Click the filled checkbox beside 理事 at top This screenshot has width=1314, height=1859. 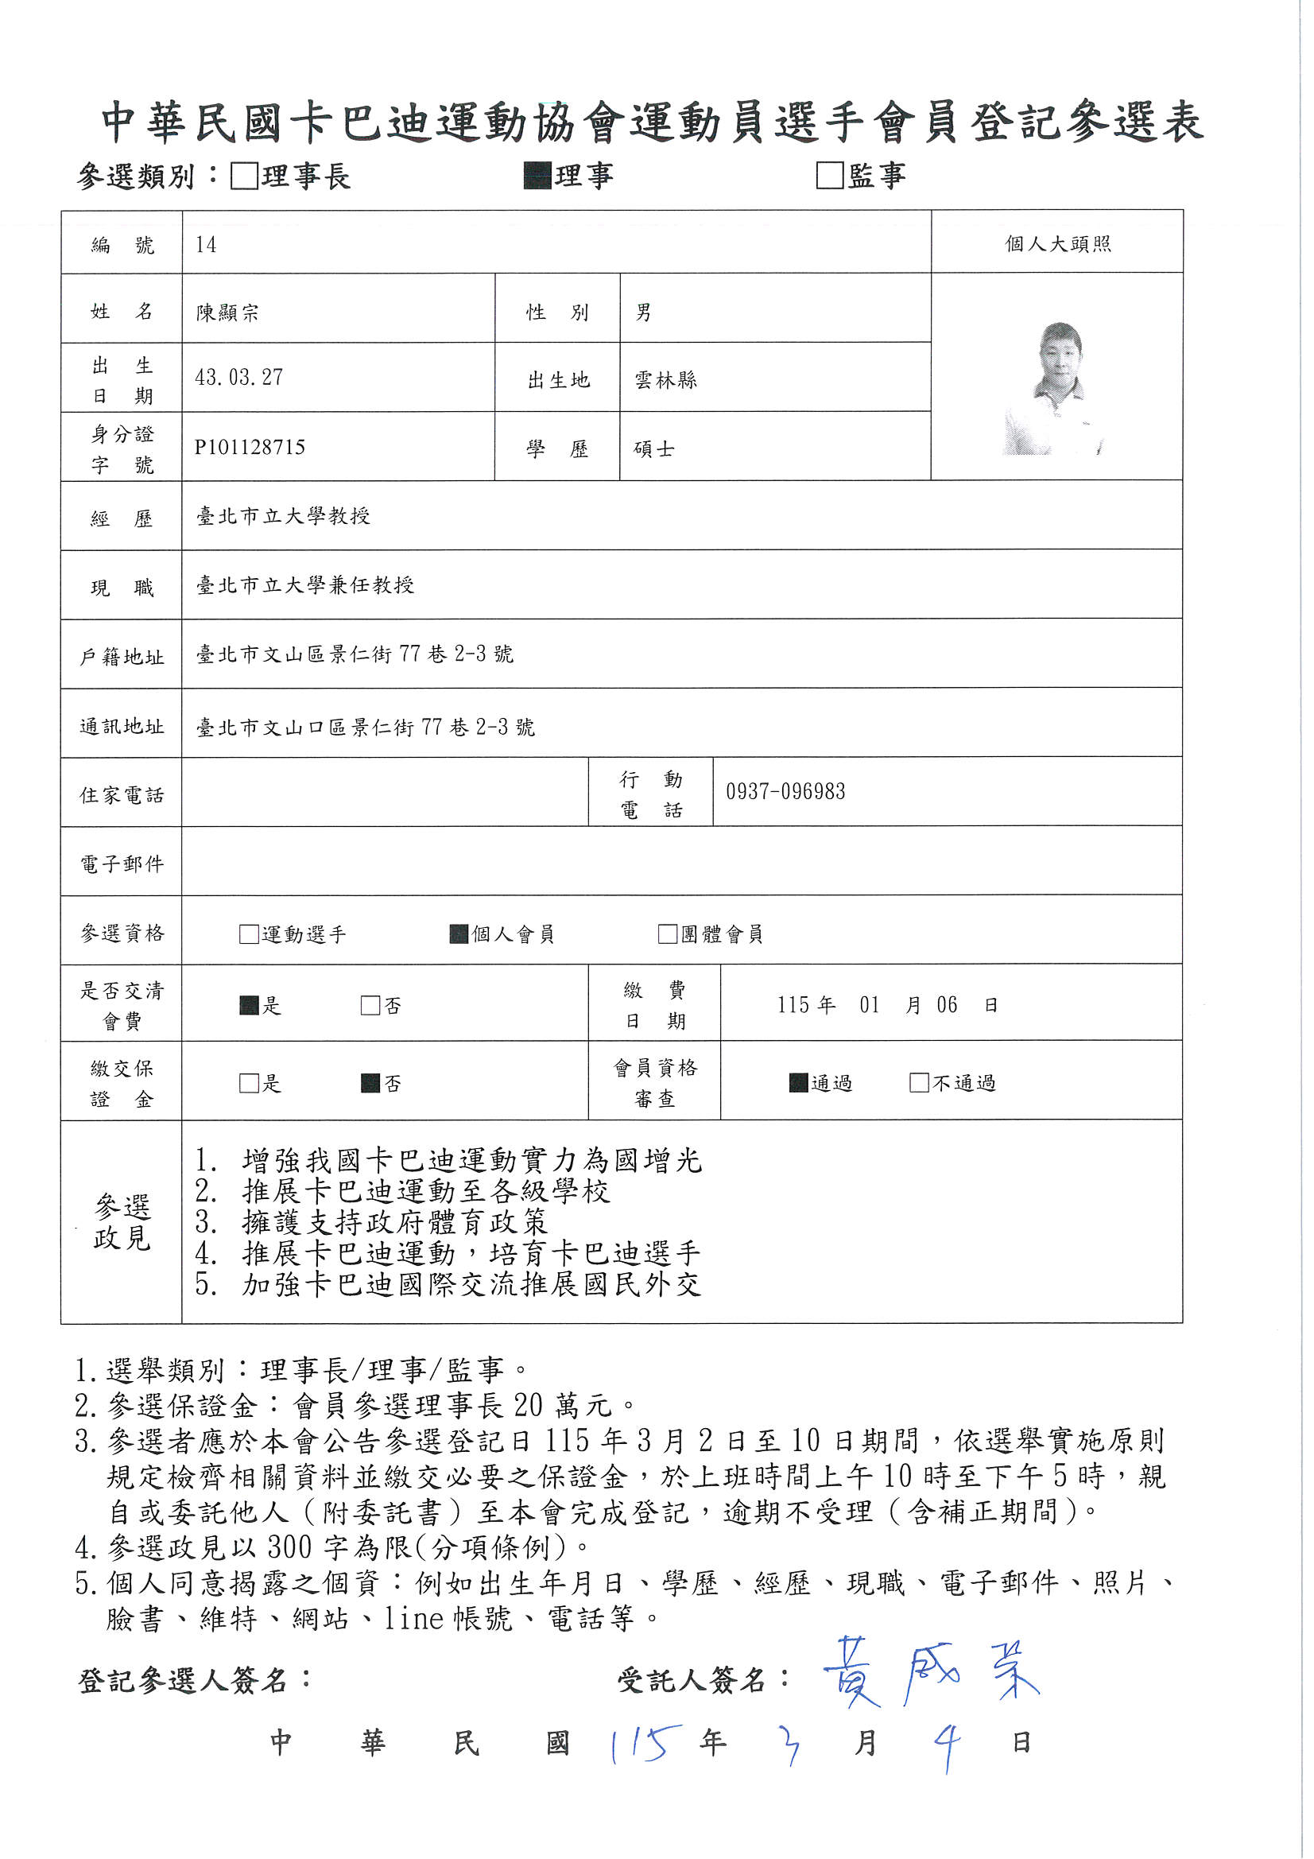[537, 176]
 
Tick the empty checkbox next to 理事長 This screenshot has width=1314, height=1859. [244, 176]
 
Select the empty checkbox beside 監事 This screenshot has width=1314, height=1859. [830, 175]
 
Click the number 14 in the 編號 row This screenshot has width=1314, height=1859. [206, 245]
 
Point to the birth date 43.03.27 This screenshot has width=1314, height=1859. [238, 378]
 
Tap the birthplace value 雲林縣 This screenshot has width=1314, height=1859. [665, 380]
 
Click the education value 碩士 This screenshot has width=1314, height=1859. [654, 448]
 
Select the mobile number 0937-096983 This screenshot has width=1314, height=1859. [785, 791]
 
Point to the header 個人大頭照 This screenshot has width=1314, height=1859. [1058, 244]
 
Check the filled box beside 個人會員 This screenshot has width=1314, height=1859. [459, 933]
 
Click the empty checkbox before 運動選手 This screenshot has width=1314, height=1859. [249, 933]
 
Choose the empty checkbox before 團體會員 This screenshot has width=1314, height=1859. [668, 933]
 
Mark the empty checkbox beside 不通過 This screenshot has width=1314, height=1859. [919, 1082]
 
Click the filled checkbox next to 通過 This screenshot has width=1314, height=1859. [798, 1082]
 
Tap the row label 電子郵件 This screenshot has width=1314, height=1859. [122, 864]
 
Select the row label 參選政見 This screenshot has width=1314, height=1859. [122, 1222]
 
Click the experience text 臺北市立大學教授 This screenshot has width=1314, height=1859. [283, 516]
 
